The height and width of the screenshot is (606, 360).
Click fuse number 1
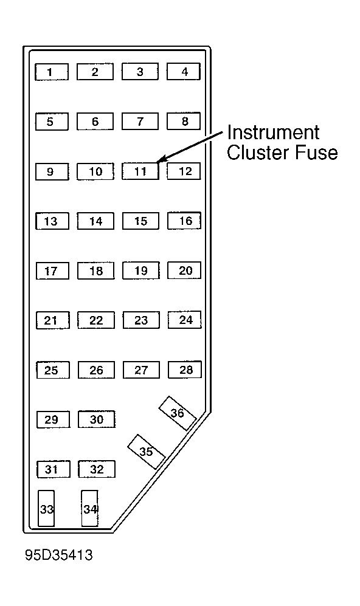tap(52, 72)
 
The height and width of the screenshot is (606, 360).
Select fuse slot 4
tap(184, 72)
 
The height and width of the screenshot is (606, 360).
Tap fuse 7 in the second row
tap(140, 122)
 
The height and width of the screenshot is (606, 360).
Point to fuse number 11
tap(140, 171)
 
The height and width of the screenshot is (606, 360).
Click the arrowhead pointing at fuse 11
tap(161, 159)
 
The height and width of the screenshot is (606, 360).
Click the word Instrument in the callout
tap(273, 133)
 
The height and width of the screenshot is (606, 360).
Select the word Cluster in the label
tap(258, 152)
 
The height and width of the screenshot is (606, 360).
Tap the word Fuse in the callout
tap(316, 152)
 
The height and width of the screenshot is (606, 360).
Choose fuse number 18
tap(96, 270)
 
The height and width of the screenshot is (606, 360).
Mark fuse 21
tap(53, 320)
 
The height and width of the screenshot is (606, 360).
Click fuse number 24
tap(184, 320)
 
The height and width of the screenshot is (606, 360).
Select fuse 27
tap(141, 370)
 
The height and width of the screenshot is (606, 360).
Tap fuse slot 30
tap(97, 419)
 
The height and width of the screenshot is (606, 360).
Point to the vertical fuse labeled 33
tap(46, 508)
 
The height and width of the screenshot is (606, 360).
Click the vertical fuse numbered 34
tap(90, 508)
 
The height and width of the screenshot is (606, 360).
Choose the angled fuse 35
tap(146, 452)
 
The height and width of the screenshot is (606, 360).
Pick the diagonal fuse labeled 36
tap(178, 413)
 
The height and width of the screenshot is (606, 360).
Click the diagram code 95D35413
tap(59, 555)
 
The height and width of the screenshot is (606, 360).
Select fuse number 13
tap(52, 221)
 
